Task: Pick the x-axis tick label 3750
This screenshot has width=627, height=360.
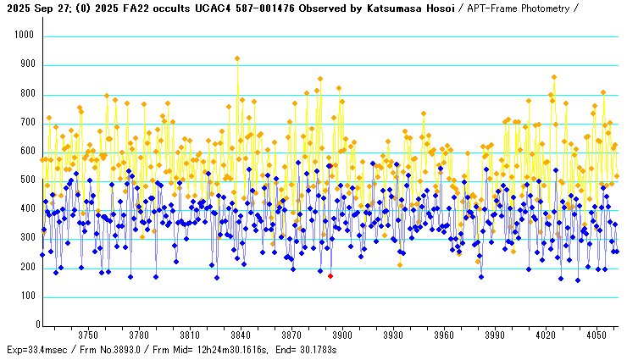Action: [88, 335]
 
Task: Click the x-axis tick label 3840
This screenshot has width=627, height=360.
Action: [240, 335]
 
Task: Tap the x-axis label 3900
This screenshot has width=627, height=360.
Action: [341, 335]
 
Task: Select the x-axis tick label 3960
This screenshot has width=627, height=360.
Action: [443, 335]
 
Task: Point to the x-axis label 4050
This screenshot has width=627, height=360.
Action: [596, 335]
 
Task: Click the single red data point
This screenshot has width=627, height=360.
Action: [330, 276]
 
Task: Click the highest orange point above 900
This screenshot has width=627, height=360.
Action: [237, 58]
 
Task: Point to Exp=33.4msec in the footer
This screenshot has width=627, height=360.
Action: [37, 349]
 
